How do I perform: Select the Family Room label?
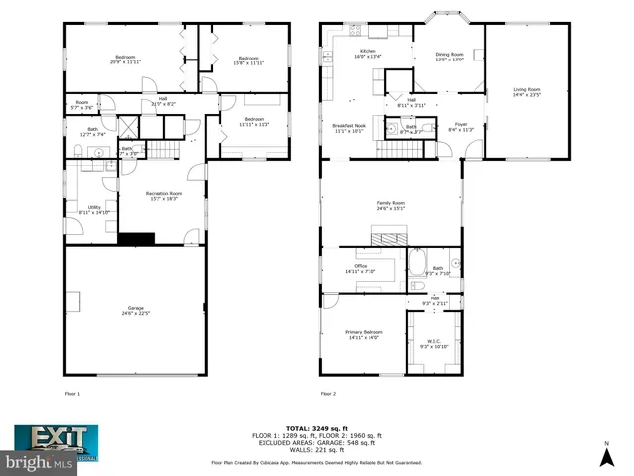point(390,205)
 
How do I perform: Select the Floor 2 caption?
point(328,394)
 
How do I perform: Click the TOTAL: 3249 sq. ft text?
point(316,426)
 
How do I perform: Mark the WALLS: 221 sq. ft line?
point(316,451)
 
